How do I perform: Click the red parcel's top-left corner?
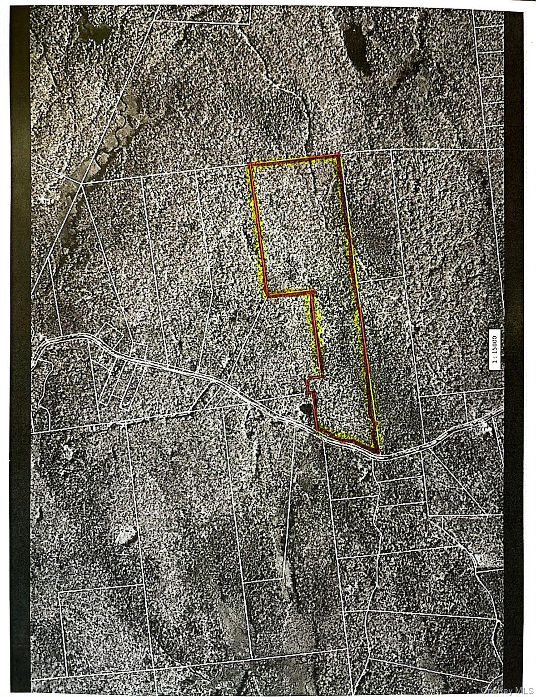pyautogui.click(x=249, y=164)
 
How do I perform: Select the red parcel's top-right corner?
pyautogui.click(x=340, y=155)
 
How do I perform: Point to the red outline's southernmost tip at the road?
pyautogui.click(x=377, y=452)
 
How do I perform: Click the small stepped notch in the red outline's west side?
pyautogui.click(x=308, y=385)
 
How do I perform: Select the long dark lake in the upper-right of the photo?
pyautogui.click(x=359, y=45)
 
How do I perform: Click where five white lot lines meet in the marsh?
pyautogui.click(x=82, y=184)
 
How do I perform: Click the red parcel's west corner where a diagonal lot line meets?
pyautogui.click(x=267, y=295)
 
